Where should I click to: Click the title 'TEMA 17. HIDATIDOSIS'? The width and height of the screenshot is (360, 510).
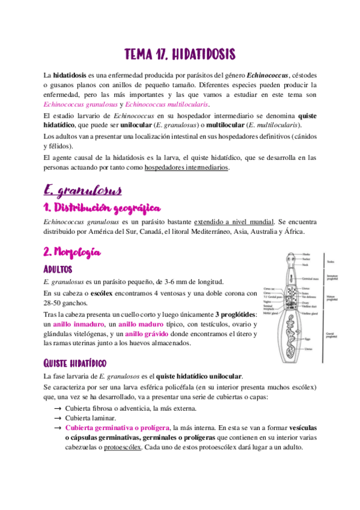point(180,55)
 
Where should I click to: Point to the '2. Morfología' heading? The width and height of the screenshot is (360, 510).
point(72,251)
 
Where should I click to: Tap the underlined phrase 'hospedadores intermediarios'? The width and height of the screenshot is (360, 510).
point(186,168)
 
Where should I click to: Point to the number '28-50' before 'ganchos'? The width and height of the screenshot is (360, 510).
point(53,303)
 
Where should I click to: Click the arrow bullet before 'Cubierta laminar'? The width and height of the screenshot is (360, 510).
point(57,417)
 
